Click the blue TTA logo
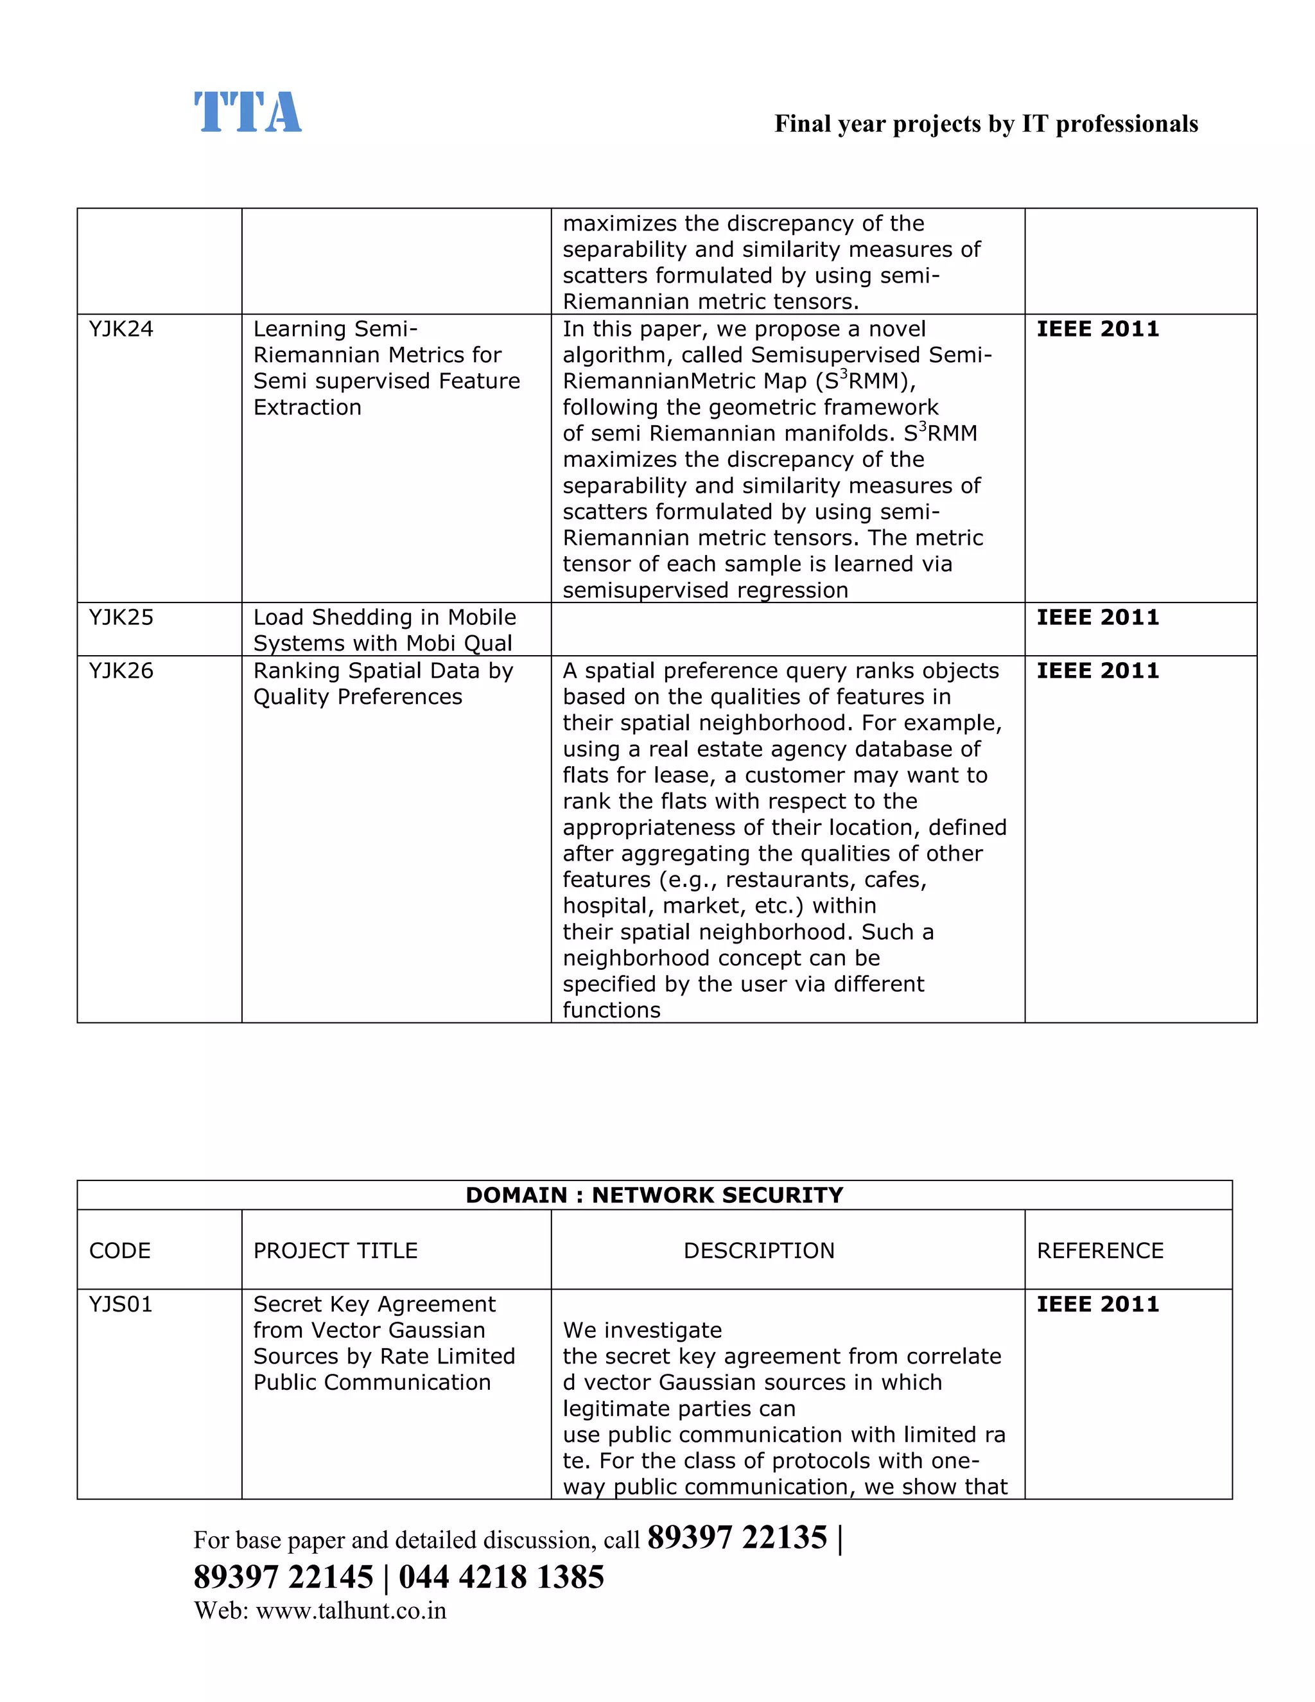247,112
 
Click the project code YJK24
121,329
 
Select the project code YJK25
121,617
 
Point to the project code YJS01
121,1304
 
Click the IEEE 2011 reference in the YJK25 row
1097,617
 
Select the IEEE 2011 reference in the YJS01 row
1097,1304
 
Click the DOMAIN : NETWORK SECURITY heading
654,1195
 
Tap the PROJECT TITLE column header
335,1250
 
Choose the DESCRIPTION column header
759,1250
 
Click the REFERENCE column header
1099,1250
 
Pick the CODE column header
119,1250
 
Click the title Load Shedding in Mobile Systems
384,629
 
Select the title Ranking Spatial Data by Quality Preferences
383,683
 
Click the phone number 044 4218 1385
501,1577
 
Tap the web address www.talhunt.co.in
351,1611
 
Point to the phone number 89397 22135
736,1538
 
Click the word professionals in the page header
1126,124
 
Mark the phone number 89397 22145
284,1577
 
